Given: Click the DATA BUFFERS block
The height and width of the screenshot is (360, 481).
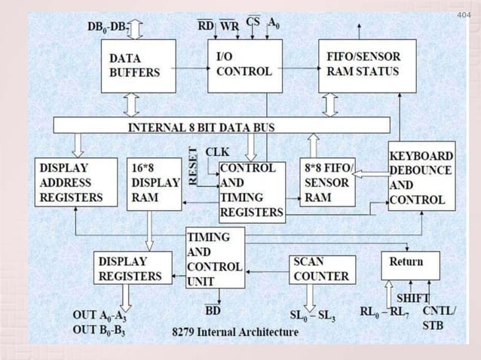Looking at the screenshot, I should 138,66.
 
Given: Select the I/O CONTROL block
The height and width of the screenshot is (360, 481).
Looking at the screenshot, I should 245,66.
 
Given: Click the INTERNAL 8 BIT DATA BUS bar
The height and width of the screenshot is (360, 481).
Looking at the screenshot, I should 222,126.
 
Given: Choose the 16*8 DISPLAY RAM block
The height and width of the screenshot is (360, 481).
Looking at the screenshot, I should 154,183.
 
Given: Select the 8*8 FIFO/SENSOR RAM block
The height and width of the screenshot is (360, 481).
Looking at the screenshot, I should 326,182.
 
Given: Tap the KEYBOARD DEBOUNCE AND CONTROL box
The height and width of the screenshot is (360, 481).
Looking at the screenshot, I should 421,176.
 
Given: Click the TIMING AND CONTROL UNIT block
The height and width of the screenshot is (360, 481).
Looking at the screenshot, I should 215,257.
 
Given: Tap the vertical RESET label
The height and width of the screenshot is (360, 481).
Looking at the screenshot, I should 193,166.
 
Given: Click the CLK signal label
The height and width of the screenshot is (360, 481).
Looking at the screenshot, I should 218,151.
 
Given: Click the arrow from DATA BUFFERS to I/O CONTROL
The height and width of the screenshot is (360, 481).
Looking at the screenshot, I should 191,67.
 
